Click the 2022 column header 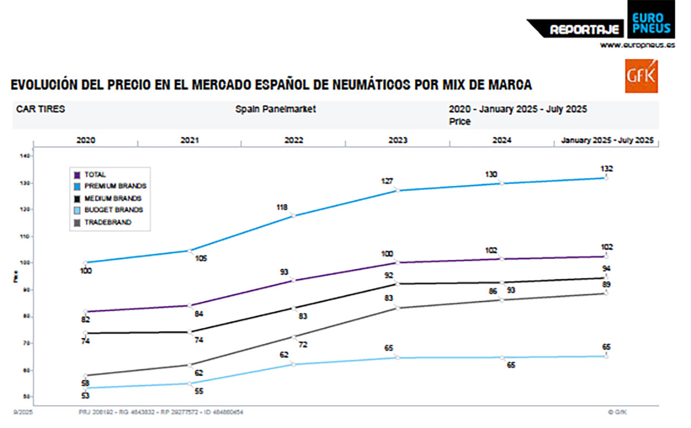click(293, 140)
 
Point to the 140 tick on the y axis click(24, 156)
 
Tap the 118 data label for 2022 click(282, 207)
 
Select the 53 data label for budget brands click(85, 396)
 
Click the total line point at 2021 click(190, 305)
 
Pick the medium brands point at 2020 click(85, 333)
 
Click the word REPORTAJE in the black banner click(584, 30)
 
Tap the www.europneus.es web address click(637, 45)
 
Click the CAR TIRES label click(41, 109)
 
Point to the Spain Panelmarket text click(275, 109)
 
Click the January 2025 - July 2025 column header click(606, 140)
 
